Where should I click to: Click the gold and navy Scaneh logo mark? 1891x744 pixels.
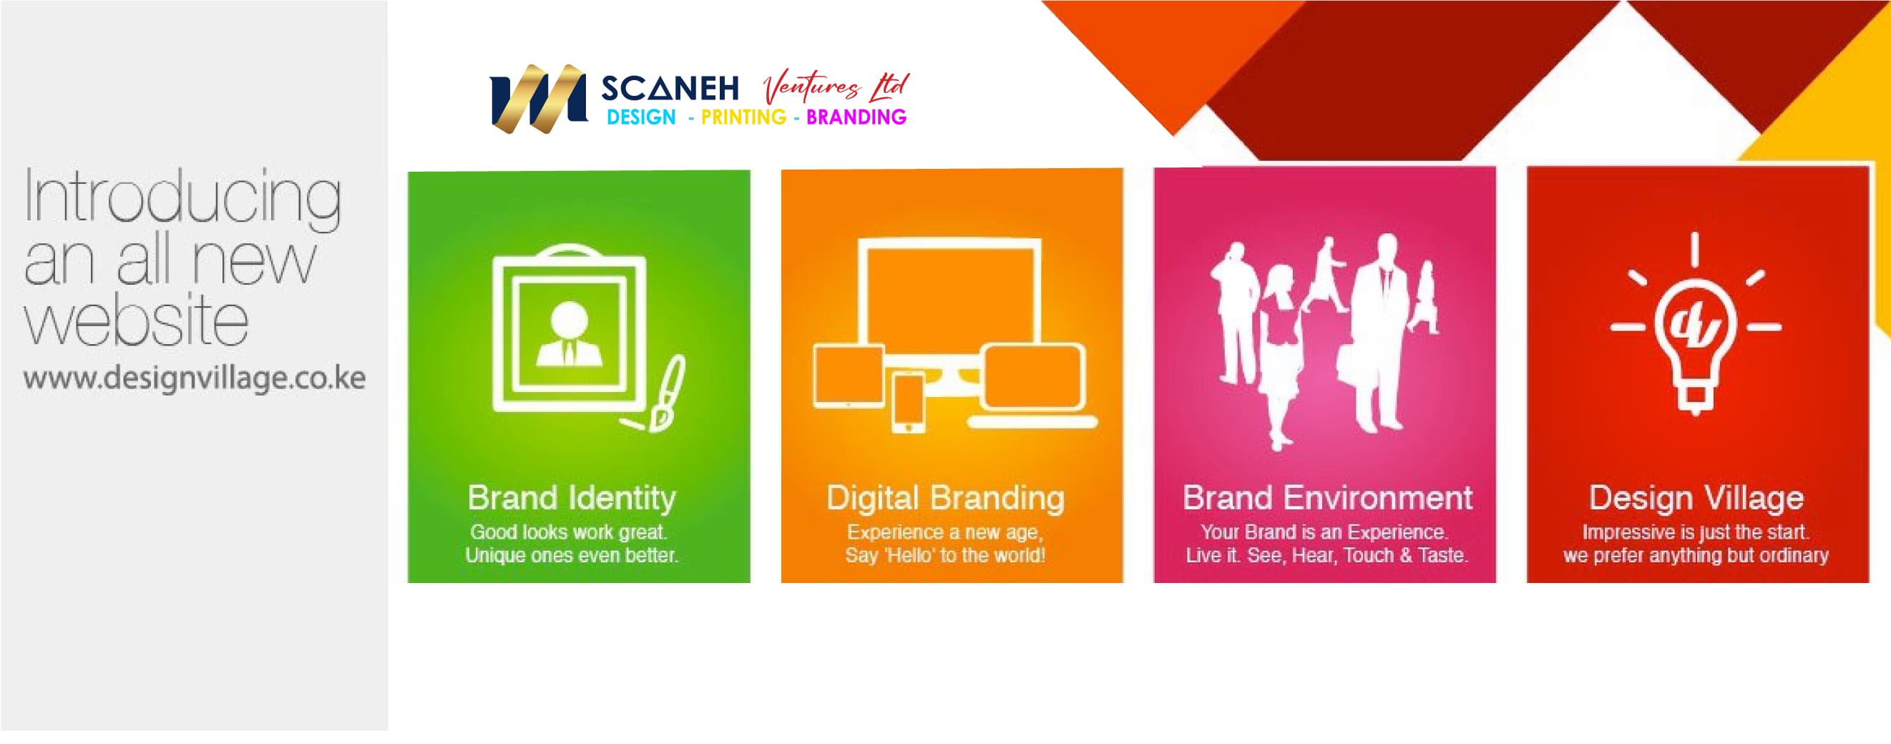(x=538, y=99)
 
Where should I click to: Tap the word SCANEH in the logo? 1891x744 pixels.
(x=670, y=89)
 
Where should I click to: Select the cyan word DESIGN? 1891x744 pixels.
(x=641, y=117)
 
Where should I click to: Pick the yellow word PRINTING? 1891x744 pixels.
(x=743, y=117)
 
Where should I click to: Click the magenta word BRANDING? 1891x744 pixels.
(x=856, y=117)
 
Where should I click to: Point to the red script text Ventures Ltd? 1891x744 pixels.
(x=836, y=87)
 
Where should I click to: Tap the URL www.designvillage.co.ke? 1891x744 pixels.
(x=195, y=378)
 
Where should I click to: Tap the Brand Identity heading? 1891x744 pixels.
(x=572, y=498)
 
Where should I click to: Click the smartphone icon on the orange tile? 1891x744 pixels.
(x=908, y=402)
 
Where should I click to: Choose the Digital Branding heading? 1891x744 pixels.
(x=946, y=498)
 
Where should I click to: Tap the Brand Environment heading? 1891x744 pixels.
(x=1327, y=498)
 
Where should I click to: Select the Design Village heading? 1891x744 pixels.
(x=1696, y=498)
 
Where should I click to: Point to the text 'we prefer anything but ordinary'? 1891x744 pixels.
(x=1696, y=555)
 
